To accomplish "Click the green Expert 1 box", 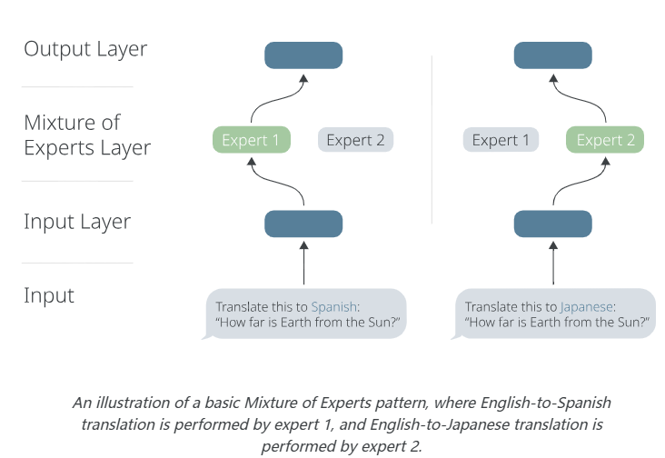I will [252, 140].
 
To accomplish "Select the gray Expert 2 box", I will [355, 140].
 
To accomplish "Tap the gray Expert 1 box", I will [501, 140].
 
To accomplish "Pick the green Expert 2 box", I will [604, 140].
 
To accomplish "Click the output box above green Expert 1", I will [303, 55].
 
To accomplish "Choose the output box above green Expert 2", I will [552, 55].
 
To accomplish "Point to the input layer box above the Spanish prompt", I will [303, 224].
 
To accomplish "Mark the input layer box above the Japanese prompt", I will [552, 224].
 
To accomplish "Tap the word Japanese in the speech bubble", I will [587, 307].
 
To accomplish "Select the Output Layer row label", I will [85, 49].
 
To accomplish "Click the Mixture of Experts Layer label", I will [87, 134].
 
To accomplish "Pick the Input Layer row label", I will [77, 222].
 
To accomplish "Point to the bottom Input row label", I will [49, 295].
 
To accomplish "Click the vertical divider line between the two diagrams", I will [432, 136].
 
